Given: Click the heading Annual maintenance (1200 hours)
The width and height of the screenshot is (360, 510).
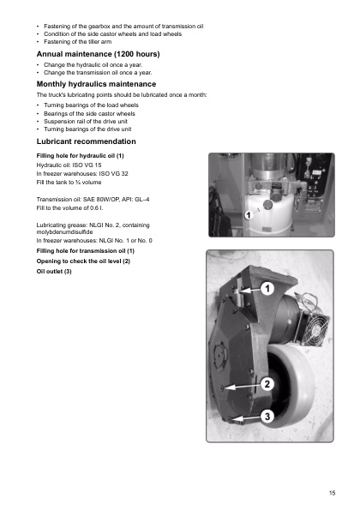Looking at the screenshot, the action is pos(98,54).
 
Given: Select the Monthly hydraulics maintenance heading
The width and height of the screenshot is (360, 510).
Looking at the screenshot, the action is pos(96,84).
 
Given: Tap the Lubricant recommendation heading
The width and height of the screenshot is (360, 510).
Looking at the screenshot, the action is pos(87,141).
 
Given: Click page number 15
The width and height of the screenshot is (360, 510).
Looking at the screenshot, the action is pos(332,493).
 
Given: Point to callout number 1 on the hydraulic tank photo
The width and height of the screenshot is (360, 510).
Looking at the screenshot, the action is pos(249,215).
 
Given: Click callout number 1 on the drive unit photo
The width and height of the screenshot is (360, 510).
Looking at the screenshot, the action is pos(267,289).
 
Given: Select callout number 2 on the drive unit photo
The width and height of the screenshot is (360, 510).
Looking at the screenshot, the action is pos(267,384).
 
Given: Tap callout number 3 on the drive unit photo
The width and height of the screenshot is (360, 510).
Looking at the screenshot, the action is pos(267,416).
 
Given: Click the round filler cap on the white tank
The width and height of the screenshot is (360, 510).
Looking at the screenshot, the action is pos(267,205).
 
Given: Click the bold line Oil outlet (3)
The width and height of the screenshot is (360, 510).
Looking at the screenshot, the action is pos(54,271).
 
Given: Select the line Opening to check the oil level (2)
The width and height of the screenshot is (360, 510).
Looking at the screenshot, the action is pos(83,261).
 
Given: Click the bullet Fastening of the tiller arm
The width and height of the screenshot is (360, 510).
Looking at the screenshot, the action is pos(78,42).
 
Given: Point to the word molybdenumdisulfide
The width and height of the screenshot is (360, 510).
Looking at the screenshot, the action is pos(65,232).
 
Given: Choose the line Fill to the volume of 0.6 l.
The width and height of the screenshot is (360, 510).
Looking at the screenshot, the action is pos(69,207).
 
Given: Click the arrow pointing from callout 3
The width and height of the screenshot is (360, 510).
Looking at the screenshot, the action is pos(244,418).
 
